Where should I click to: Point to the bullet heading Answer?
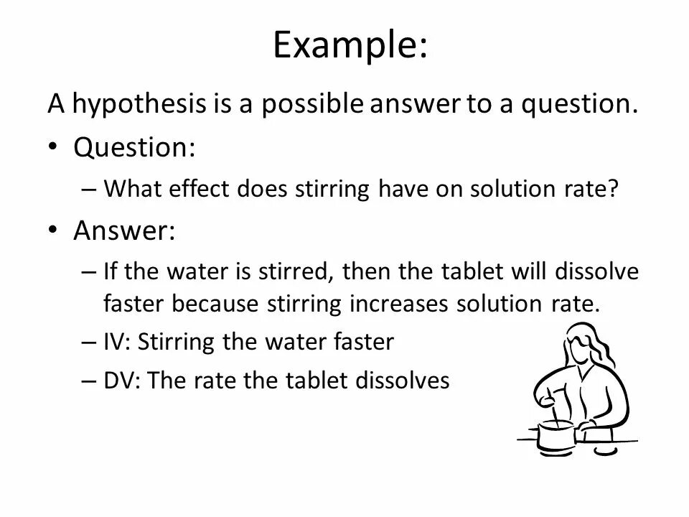[124, 231]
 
